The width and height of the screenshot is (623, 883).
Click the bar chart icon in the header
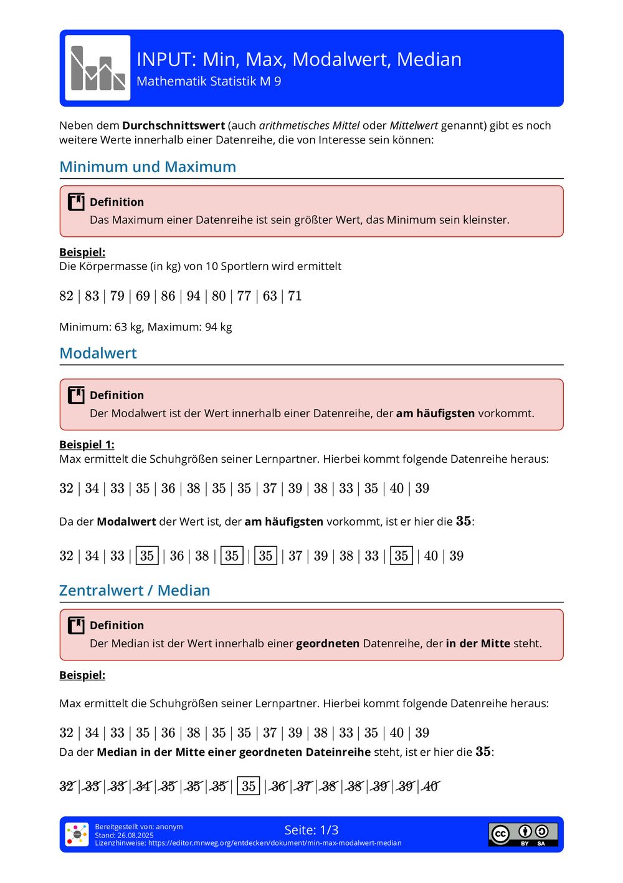[x=98, y=68]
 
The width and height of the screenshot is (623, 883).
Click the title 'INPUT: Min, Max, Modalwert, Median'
[x=299, y=59]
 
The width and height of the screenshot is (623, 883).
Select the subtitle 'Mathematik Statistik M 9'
[x=209, y=82]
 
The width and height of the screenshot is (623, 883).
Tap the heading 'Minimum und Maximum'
[x=148, y=167]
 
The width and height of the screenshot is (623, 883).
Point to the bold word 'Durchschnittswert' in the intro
[x=173, y=125]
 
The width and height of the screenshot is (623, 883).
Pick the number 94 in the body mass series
[x=194, y=296]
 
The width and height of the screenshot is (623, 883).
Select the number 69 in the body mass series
[x=143, y=296]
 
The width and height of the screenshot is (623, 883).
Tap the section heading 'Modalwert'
[x=98, y=354]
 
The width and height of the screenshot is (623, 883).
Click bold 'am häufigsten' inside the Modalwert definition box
[x=435, y=413]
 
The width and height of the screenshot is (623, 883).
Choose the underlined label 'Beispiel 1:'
[x=87, y=445]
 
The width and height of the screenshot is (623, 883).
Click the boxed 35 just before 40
[x=401, y=556]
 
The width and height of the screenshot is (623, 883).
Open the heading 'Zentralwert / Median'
[x=135, y=591]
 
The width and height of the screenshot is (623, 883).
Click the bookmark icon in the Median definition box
[x=76, y=625]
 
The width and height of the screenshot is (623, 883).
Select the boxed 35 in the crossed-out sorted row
[x=249, y=786]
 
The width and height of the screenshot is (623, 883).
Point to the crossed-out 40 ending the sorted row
[x=431, y=786]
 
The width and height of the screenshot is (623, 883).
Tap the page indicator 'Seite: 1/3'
[x=311, y=830]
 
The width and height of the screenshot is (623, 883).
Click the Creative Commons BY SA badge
[x=523, y=834]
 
